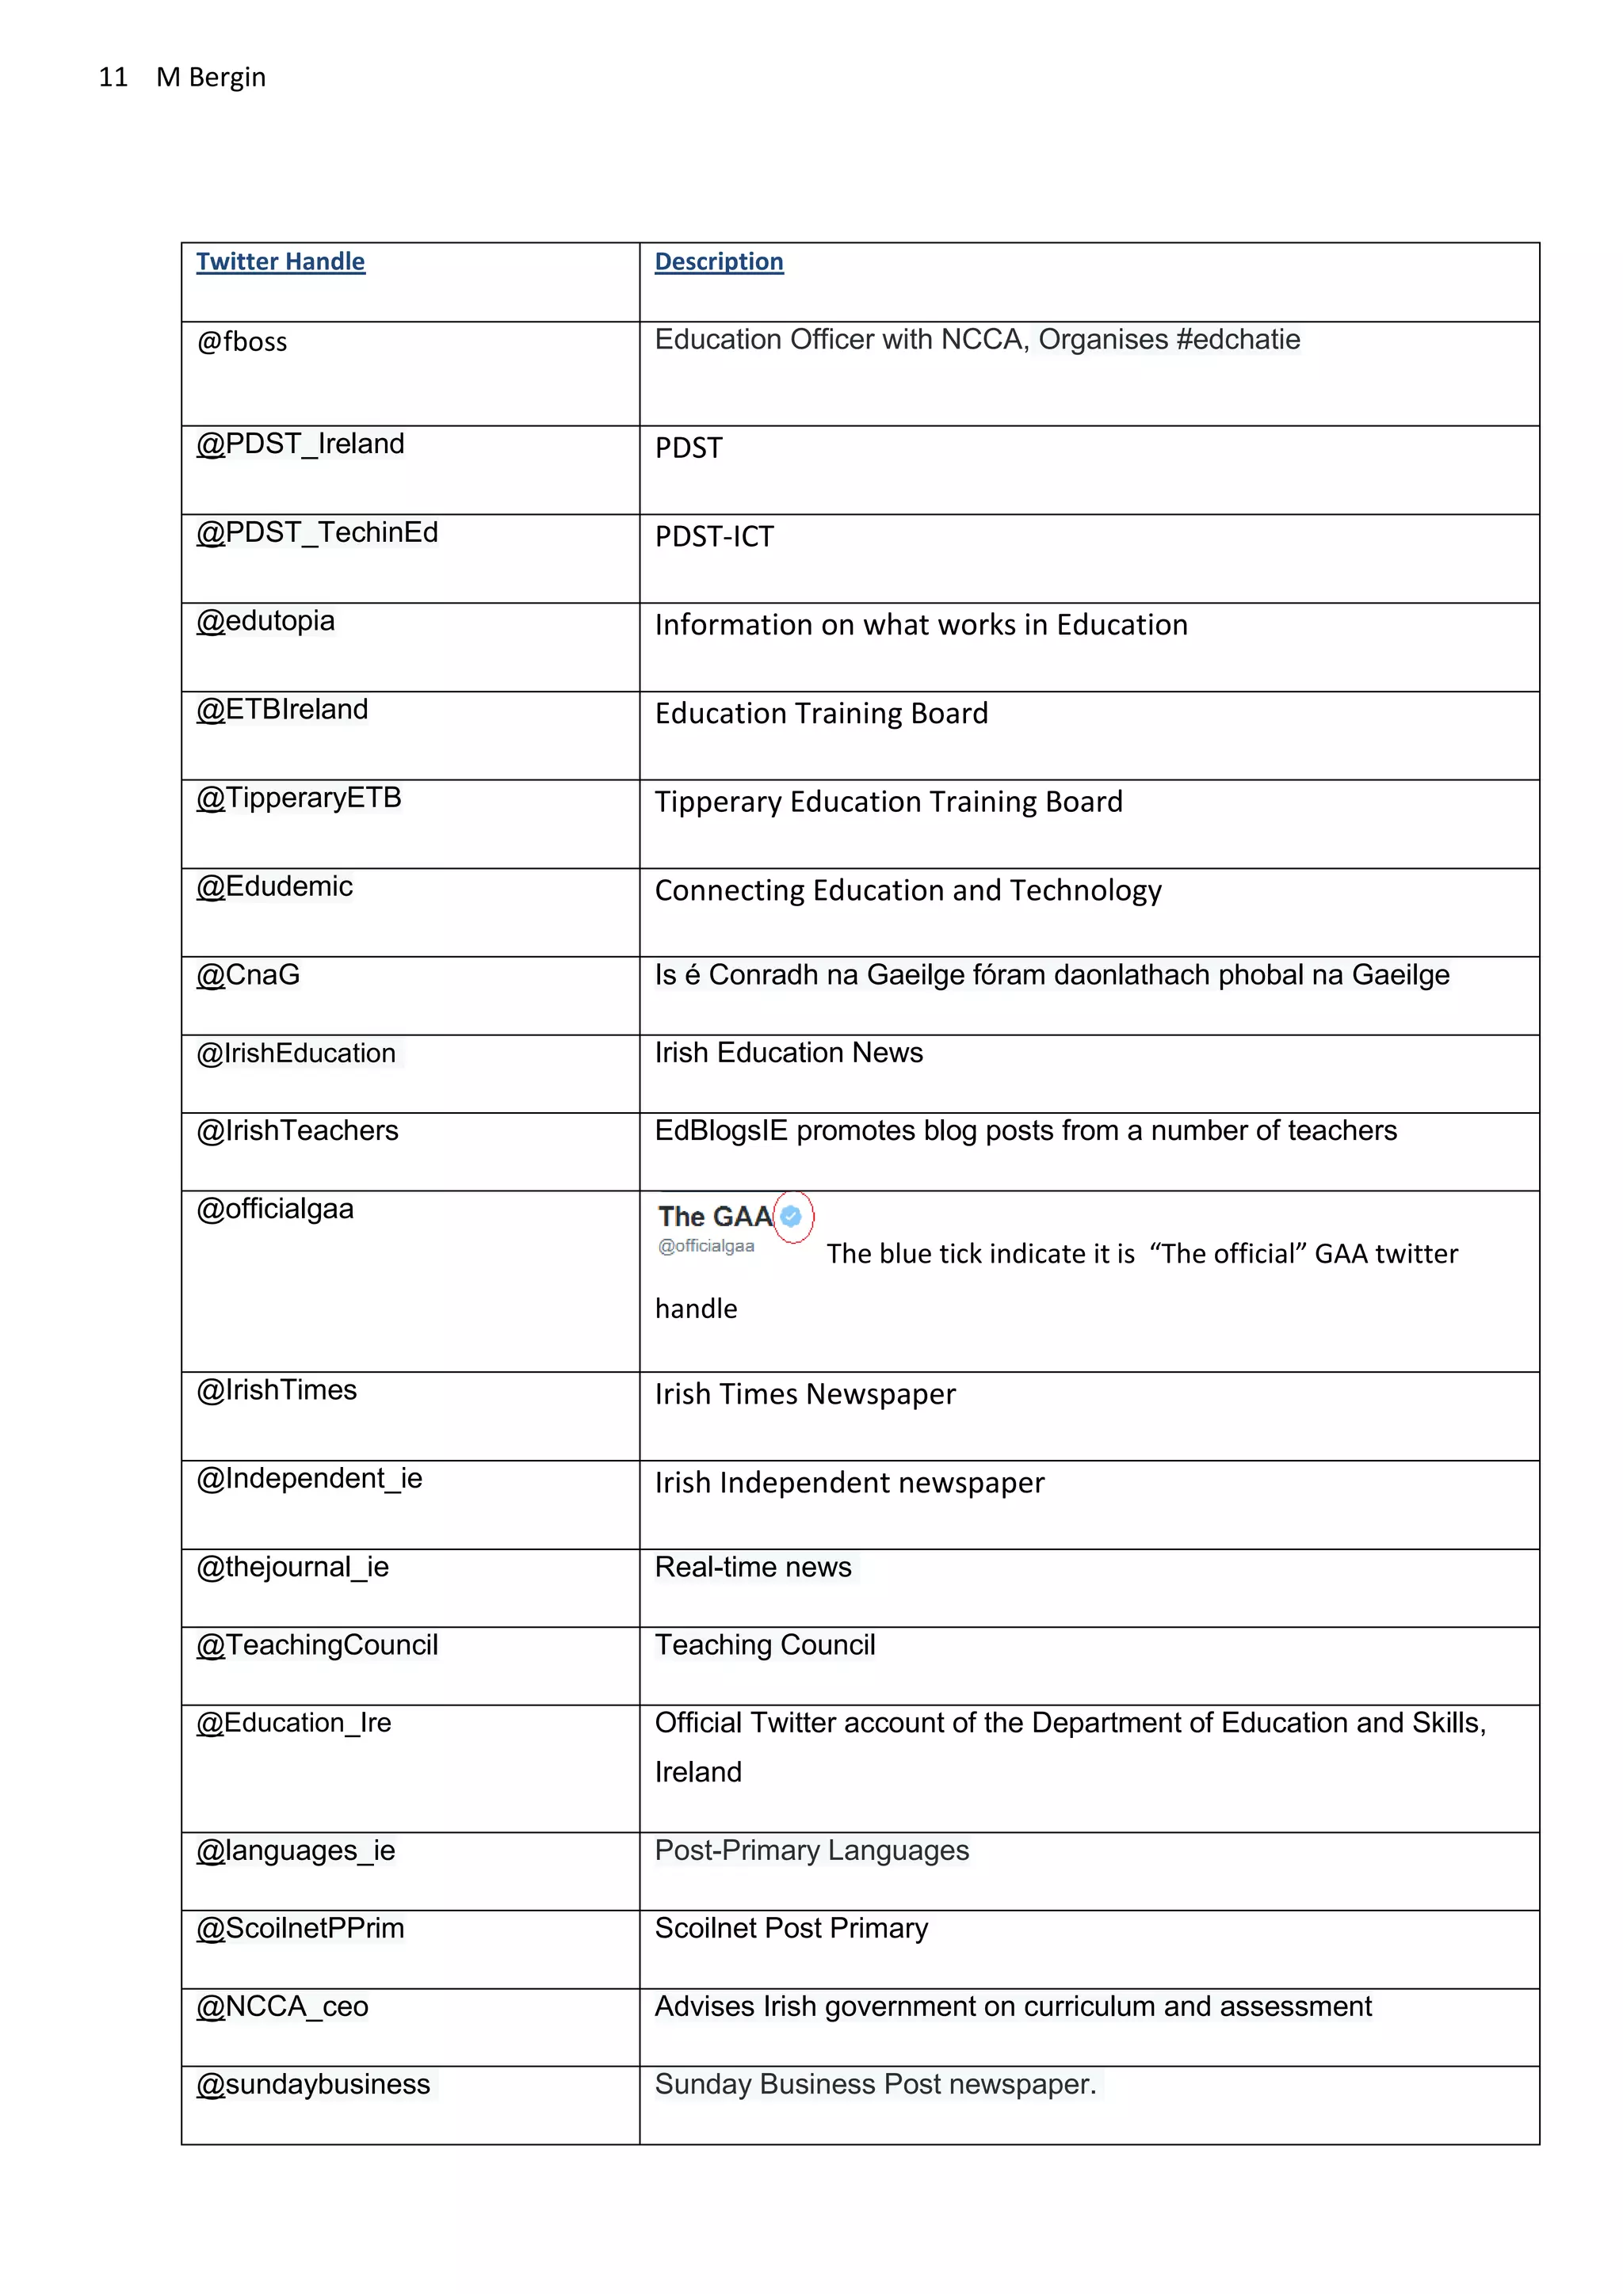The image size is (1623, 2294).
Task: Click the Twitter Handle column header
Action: pyautogui.click(x=280, y=261)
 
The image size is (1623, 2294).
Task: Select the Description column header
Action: pyautogui.click(x=719, y=261)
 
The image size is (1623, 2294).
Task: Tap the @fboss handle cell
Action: pyautogui.click(x=242, y=341)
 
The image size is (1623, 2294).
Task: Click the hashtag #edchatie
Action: pyautogui.click(x=1238, y=340)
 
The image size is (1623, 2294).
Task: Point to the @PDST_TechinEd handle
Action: pyautogui.click(x=317, y=532)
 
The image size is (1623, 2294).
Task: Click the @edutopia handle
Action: pyautogui.click(x=265, y=620)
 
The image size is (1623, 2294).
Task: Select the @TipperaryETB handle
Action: pyautogui.click(x=299, y=798)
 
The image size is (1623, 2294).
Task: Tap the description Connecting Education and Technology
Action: pyautogui.click(x=907, y=890)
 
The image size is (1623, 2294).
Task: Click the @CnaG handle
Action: pyautogui.click(x=248, y=974)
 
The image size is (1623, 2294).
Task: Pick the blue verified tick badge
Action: pyautogui.click(x=792, y=1216)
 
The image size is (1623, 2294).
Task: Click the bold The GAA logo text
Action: pyautogui.click(x=715, y=1216)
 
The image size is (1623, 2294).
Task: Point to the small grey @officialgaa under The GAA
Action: pyautogui.click(x=705, y=1246)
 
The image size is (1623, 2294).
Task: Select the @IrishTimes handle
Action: pyautogui.click(x=277, y=1390)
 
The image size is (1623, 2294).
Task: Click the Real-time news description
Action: pyautogui.click(x=753, y=1567)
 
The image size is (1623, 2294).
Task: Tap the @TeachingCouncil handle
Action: pyautogui.click(x=317, y=1644)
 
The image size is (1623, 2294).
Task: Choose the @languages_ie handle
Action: pyautogui.click(x=296, y=1850)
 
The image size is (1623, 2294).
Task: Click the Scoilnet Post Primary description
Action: pyautogui.click(x=791, y=1928)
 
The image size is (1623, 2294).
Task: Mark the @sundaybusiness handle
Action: pyautogui.click(x=313, y=2084)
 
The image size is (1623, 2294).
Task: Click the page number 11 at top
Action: pyautogui.click(x=113, y=78)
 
